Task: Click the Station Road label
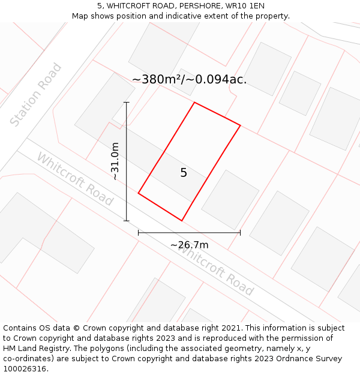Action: [x=36, y=95]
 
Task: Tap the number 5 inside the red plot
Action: [x=184, y=173]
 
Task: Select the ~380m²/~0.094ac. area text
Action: [x=189, y=79]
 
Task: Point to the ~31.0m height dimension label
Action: [x=115, y=161]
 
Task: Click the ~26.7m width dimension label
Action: [x=189, y=245]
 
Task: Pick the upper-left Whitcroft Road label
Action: [x=75, y=179]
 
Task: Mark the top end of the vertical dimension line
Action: [x=127, y=103]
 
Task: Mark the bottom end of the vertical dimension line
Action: [x=127, y=221]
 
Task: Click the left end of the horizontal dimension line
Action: [x=139, y=232]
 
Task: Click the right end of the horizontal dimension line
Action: [x=240, y=232]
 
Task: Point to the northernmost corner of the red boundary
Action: [x=194, y=103]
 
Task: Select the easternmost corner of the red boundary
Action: [x=240, y=125]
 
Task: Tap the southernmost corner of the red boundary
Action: [x=182, y=221]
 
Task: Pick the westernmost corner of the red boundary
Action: [x=139, y=193]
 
